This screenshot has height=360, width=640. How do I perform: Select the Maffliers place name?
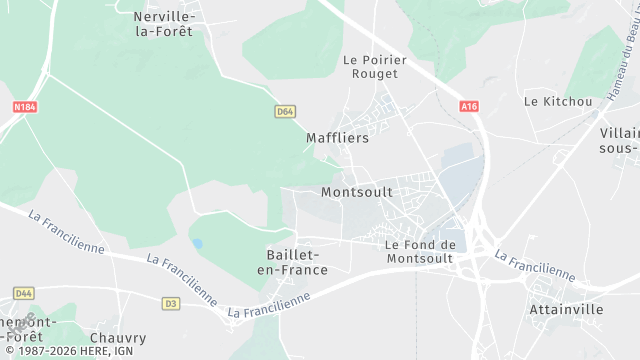(337, 139)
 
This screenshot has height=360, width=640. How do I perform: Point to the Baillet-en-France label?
(292, 263)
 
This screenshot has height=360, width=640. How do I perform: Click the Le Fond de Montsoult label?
(420, 251)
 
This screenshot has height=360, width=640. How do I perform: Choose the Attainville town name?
(566, 310)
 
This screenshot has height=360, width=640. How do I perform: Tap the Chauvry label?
(118, 338)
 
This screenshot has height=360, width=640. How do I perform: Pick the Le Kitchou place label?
(558, 101)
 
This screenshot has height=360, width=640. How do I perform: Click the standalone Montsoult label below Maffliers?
(357, 191)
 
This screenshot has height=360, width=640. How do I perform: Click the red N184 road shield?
(25, 105)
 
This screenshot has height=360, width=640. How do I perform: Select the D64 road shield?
(285, 112)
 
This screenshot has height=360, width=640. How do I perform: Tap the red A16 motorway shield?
(469, 106)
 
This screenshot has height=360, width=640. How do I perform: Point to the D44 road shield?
(24, 293)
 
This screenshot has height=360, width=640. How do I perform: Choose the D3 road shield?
(171, 303)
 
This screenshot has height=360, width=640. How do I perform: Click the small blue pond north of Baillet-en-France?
(197, 243)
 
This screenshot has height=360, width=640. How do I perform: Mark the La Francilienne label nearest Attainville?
(535, 265)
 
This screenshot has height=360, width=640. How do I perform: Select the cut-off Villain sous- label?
(619, 140)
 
